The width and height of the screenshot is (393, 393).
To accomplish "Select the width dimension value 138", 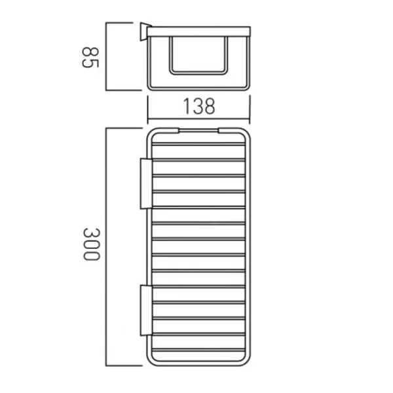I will (x=198, y=105).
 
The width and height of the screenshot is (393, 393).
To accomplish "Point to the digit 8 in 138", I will (x=208, y=105).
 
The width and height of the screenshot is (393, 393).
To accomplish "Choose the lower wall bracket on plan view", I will (x=145, y=310).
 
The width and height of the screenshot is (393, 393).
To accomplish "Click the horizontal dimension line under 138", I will (x=198, y=116).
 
